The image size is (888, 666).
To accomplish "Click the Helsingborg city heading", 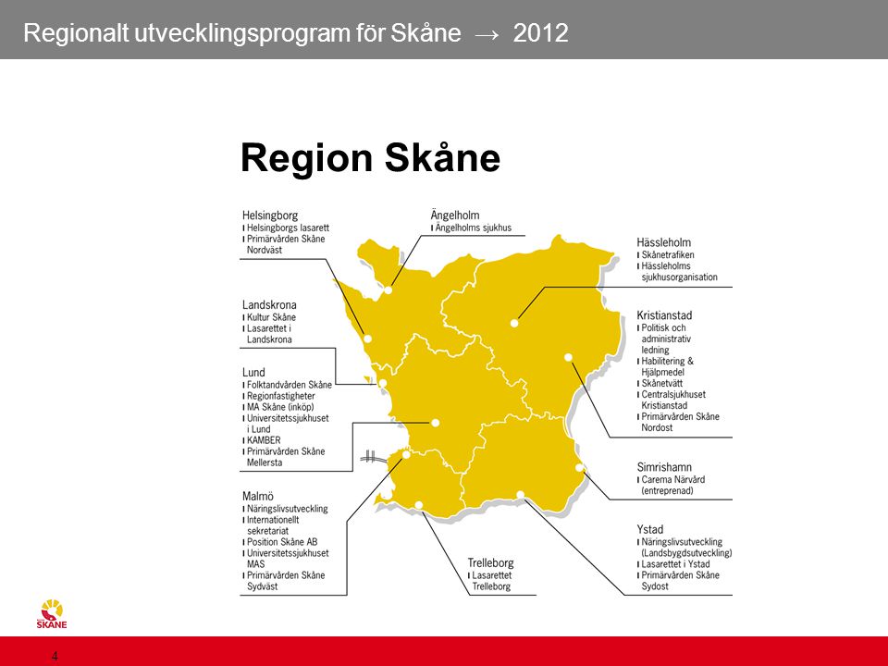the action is (x=270, y=216).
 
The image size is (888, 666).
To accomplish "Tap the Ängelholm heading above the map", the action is (x=455, y=215).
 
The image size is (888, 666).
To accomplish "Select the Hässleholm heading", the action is (x=664, y=242).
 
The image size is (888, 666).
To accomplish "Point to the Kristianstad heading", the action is (x=664, y=314).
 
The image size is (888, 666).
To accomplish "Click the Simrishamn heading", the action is (x=664, y=466).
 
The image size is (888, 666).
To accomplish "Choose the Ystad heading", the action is (x=650, y=529).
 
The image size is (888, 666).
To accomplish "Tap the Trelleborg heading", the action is (x=490, y=563).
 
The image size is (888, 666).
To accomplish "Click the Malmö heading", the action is (x=258, y=496).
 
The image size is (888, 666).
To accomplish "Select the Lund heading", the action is (x=253, y=372).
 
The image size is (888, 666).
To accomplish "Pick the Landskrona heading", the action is (x=269, y=304).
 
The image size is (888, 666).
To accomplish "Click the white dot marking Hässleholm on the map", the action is (x=514, y=324).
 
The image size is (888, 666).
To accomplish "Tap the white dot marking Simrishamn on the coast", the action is (x=579, y=468).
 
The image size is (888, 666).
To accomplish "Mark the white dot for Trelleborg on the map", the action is (x=418, y=505).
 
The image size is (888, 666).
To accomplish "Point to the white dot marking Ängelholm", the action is (x=388, y=290).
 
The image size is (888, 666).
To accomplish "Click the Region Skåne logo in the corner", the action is (x=52, y=614).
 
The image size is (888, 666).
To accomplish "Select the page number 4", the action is (x=55, y=657).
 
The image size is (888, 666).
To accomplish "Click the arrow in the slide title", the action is (x=487, y=34).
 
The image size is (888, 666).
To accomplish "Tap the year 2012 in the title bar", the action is (x=541, y=33).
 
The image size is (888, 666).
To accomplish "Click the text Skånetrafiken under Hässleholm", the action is (x=668, y=255).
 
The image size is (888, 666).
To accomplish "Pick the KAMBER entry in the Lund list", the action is (x=264, y=440).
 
